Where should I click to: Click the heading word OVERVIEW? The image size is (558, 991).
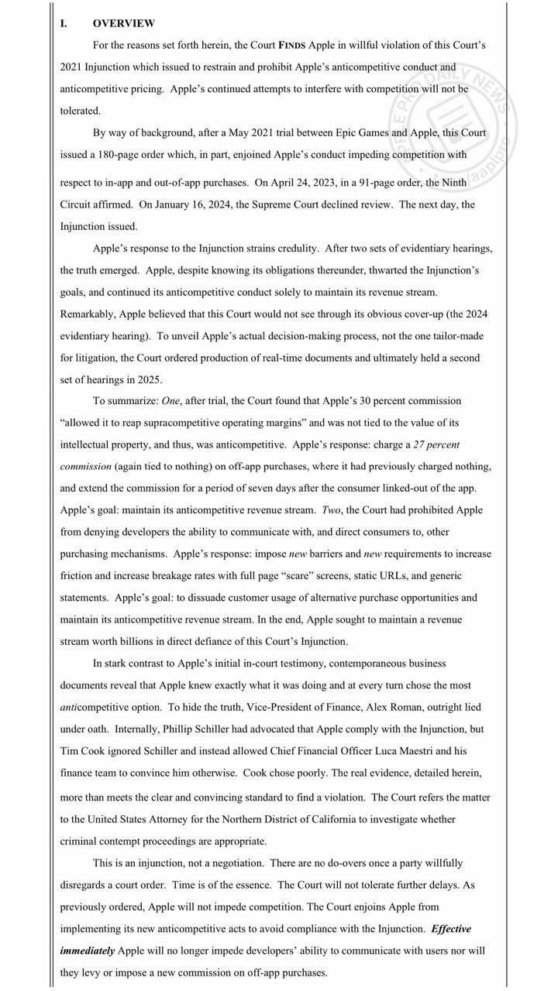pyautogui.click(x=123, y=23)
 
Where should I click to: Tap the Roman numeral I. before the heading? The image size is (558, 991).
pyautogui.click(x=64, y=23)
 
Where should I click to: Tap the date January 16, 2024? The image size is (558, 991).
pyautogui.click(x=191, y=205)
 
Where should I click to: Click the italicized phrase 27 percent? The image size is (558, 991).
pyautogui.click(x=437, y=444)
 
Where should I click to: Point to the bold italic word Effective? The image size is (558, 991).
pyautogui.click(x=451, y=928)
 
